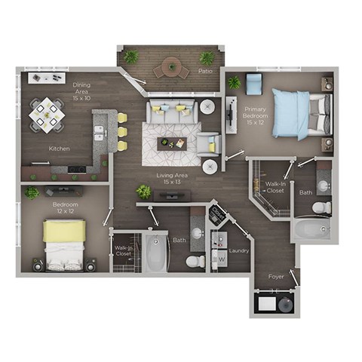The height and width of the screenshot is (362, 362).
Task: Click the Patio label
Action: pyautogui.click(x=204, y=71)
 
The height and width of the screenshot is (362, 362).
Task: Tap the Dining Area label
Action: pyautogui.click(x=81, y=92)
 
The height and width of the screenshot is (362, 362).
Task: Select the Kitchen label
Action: pyautogui.click(x=60, y=149)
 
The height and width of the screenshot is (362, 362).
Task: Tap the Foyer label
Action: pyautogui.click(x=276, y=277)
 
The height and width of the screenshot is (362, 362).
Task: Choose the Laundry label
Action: pyautogui.click(x=239, y=250)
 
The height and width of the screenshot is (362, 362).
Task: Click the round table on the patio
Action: pyautogui.click(x=172, y=69)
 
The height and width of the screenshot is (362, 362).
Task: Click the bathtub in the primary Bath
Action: pyautogui.click(x=311, y=229)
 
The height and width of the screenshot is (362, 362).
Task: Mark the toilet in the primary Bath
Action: pyautogui.click(x=321, y=207)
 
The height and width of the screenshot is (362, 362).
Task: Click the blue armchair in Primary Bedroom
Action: pyautogui.click(x=253, y=83)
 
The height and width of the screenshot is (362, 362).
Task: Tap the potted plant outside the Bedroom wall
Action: pyautogui.click(x=32, y=193)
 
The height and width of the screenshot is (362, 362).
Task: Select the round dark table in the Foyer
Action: pyautogui.click(x=285, y=305)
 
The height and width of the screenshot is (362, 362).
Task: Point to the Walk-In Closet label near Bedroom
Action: pyautogui.click(x=123, y=250)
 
